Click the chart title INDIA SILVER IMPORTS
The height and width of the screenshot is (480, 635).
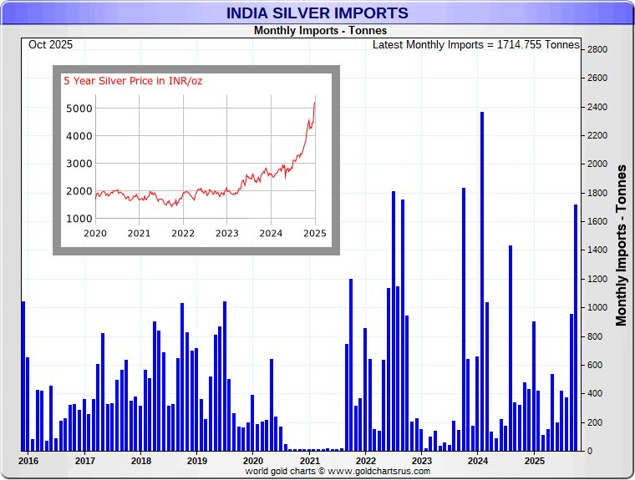317,13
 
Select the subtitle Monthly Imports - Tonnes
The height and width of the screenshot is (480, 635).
317,31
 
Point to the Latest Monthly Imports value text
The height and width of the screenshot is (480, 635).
475,44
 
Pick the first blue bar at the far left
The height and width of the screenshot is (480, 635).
23,376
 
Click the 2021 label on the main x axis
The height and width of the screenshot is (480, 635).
309,460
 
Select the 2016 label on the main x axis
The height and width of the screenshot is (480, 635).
28,460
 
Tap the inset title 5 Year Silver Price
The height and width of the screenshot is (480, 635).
133,81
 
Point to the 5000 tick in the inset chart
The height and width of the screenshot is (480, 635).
78,109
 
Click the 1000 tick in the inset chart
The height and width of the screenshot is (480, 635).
78,219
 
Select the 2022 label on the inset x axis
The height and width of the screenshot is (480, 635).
182,233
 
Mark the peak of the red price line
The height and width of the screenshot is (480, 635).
315,101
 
